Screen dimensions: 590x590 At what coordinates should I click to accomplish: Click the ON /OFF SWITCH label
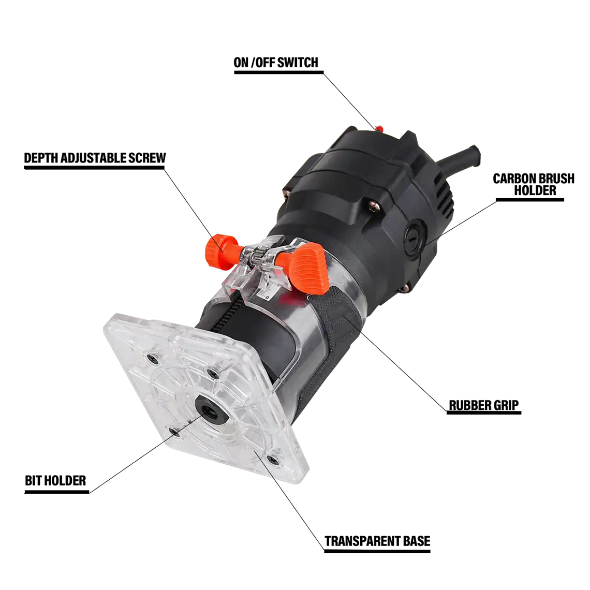coord(276,63)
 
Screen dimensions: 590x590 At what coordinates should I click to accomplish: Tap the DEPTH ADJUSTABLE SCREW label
coord(95,158)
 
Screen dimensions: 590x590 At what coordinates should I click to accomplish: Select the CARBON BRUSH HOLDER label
coord(534,184)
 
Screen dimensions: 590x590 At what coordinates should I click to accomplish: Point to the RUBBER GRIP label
coord(484,405)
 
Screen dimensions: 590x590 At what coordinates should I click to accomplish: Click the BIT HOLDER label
coord(55,480)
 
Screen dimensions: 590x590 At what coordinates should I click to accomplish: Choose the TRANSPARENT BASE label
coord(377,541)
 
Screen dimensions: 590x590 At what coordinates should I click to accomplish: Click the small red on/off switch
coord(378,129)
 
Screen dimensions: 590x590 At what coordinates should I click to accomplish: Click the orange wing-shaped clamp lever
coord(305,267)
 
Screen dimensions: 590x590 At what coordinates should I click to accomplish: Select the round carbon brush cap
coord(415,237)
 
